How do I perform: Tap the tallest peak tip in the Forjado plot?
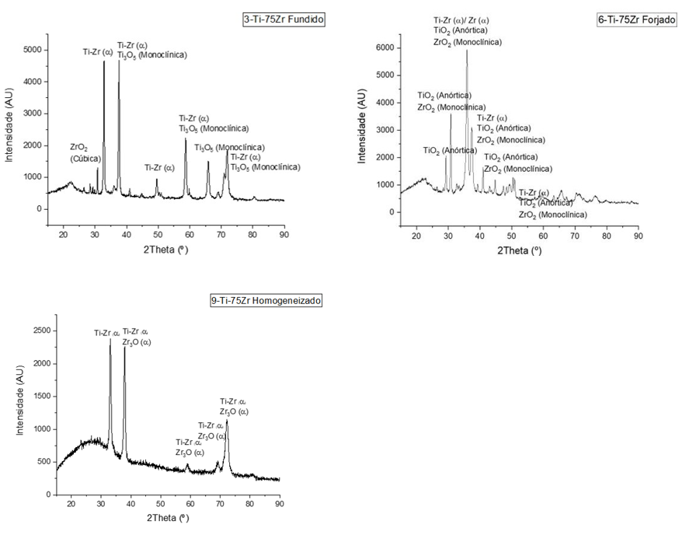point(467,51)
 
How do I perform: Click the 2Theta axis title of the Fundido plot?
point(165,249)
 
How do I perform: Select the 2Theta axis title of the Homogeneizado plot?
point(166,517)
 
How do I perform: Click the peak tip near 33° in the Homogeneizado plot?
point(110,339)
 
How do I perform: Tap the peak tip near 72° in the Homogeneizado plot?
point(227,421)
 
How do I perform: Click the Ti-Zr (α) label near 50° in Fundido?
point(160,167)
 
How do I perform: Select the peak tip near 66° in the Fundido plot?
point(208,162)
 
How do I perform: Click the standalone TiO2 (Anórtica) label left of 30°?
point(450,150)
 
